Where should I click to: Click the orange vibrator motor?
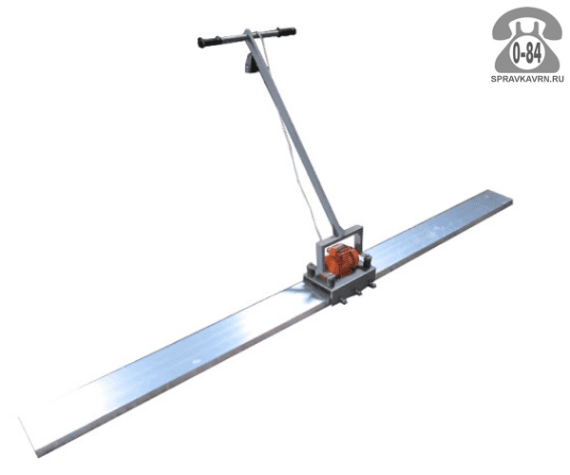point(341,259)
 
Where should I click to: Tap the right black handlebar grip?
point(286,31)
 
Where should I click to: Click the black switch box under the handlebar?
point(249,64)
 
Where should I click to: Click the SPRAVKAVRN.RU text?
point(527,79)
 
